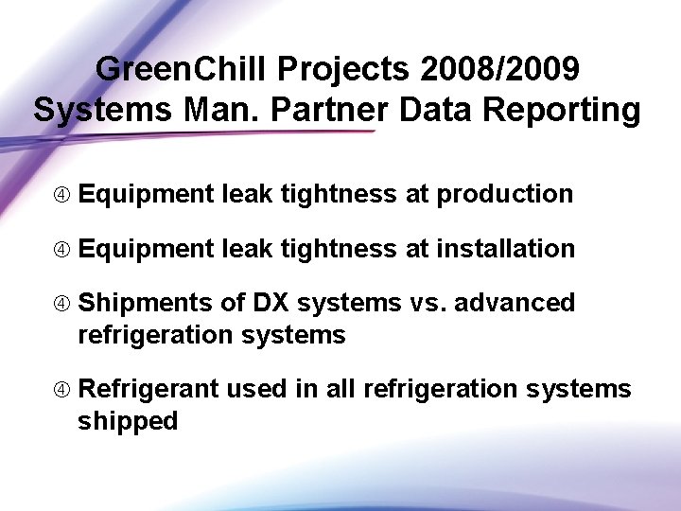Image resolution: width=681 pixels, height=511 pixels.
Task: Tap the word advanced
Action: click(517, 304)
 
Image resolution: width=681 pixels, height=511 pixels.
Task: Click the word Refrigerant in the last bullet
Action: click(148, 390)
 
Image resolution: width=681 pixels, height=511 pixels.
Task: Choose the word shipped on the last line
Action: click(128, 422)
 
